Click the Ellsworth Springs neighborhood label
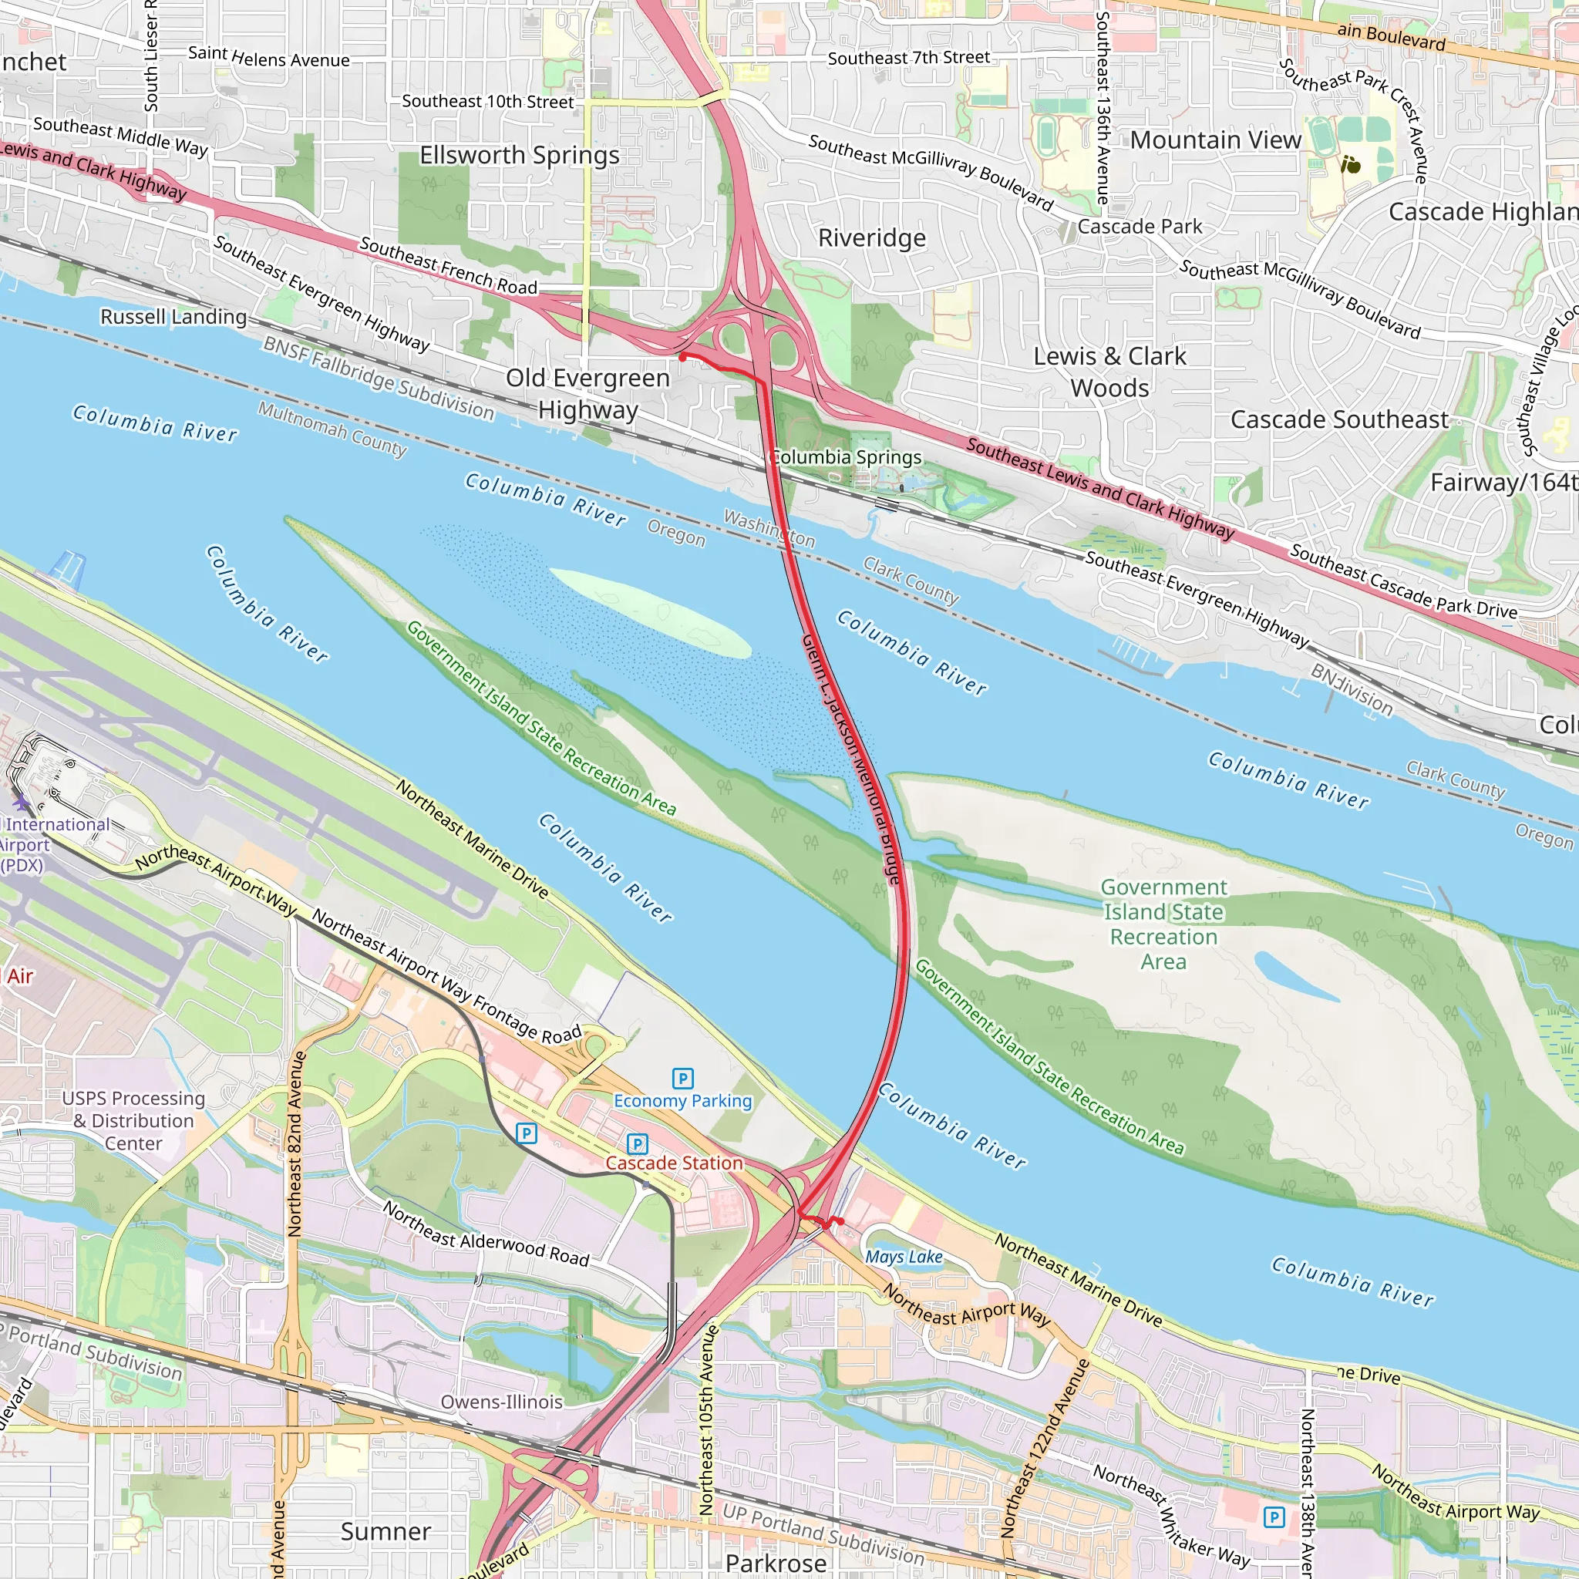click(x=519, y=155)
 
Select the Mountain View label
click(x=1215, y=140)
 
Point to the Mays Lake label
click(x=904, y=1257)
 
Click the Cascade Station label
click(x=675, y=1163)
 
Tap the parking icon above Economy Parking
click(x=682, y=1079)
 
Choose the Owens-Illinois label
click(x=502, y=1402)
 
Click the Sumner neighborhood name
click(x=385, y=1532)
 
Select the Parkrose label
click(x=776, y=1563)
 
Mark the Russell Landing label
click(x=173, y=316)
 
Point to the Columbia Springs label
click(x=847, y=457)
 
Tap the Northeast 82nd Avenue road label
click(x=296, y=1144)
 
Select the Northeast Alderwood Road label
click(x=486, y=1234)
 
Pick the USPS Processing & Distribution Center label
click(x=134, y=1120)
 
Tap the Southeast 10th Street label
click(x=488, y=101)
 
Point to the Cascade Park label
click(x=1140, y=227)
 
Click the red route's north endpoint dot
click(x=682, y=356)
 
